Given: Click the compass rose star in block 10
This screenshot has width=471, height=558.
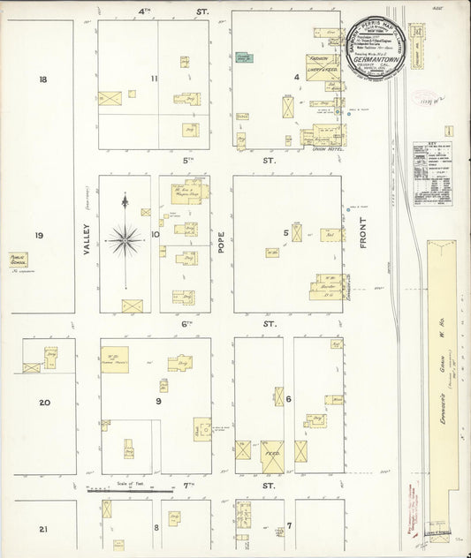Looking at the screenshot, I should coord(125,238).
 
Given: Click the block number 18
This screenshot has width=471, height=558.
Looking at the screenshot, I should coord(42,79).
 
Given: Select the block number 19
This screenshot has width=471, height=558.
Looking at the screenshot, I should coord(39,235).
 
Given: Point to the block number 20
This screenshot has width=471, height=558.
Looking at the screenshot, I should coord(43,403).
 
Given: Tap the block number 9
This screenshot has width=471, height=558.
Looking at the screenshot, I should coord(158,402).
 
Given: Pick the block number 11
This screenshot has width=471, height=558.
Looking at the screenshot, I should coord(154,79).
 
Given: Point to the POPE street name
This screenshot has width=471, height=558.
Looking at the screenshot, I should coord(222,240).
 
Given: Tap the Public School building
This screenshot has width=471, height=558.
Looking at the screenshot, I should coord(19,260).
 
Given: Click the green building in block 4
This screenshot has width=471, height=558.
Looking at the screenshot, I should coord(244,57).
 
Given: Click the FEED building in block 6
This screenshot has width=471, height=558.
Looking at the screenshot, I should coord(272,456).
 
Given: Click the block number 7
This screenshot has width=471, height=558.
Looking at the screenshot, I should coord(288,527).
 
